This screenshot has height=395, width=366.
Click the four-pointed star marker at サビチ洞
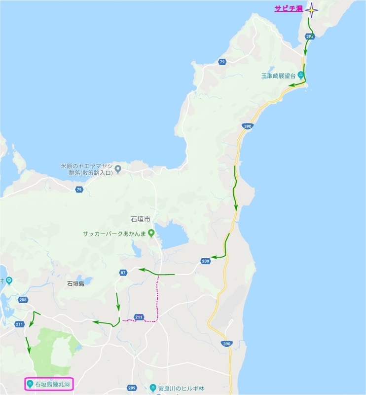[312, 9]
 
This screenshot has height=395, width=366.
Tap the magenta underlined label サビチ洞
[289, 9]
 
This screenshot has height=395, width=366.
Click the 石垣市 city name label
[140, 219]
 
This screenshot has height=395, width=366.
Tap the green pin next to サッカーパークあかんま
[151, 233]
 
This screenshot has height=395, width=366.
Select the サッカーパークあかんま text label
[114, 233]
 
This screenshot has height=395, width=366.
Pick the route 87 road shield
[123, 273]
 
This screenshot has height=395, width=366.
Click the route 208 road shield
[23, 300]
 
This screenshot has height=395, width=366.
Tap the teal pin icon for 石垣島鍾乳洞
[30, 384]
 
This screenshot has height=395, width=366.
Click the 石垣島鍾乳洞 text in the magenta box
[52, 384]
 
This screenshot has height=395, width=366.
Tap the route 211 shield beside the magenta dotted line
[139, 317]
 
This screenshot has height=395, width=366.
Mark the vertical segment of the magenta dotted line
[158, 296]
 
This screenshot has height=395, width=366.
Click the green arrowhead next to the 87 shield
[141, 270]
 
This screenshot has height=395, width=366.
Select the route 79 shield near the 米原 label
[79, 190]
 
